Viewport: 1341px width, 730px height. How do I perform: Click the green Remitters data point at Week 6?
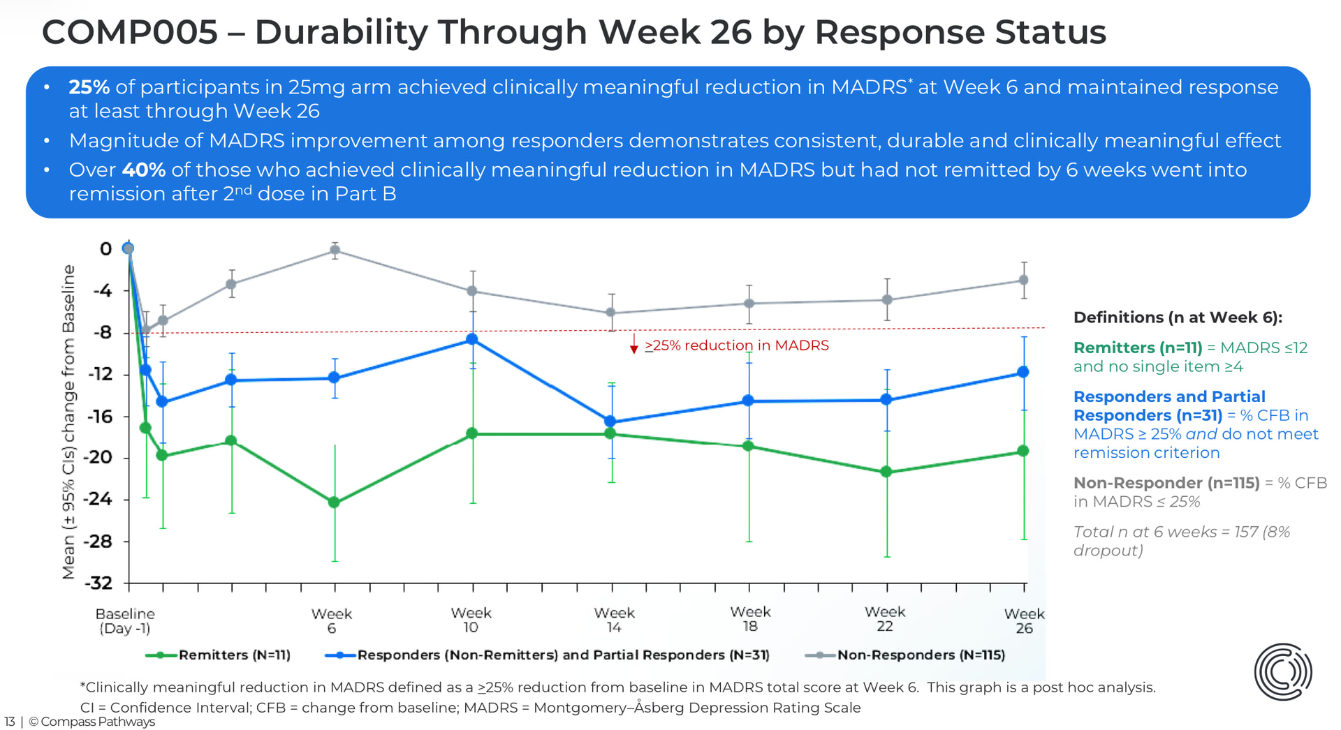(x=334, y=502)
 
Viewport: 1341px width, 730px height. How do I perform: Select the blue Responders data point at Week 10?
(x=472, y=339)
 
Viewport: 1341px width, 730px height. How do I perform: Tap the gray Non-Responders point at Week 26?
(x=1023, y=280)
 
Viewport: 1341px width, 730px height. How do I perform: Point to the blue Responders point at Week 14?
(x=610, y=422)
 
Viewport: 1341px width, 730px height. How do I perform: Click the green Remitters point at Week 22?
(x=886, y=472)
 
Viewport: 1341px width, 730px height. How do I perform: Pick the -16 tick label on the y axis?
(x=99, y=417)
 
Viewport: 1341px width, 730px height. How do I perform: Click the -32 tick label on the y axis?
(x=98, y=583)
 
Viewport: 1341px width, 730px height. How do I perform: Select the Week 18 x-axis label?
(x=750, y=619)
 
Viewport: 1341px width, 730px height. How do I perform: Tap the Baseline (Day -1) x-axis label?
(x=125, y=620)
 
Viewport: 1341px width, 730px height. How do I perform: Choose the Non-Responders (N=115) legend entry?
(x=921, y=655)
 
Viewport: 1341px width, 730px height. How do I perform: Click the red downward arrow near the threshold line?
(x=633, y=344)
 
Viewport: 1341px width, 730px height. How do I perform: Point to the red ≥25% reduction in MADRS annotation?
(x=737, y=345)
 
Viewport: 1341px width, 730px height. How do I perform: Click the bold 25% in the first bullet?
(x=89, y=87)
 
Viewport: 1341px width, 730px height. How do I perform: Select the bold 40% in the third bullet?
(x=143, y=170)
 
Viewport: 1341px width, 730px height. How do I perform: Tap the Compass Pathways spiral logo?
(x=1282, y=671)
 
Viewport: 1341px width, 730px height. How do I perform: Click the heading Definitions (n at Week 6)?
(x=1178, y=318)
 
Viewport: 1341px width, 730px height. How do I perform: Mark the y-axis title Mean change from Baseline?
(x=68, y=422)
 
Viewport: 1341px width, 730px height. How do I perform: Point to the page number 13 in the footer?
(x=9, y=722)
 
